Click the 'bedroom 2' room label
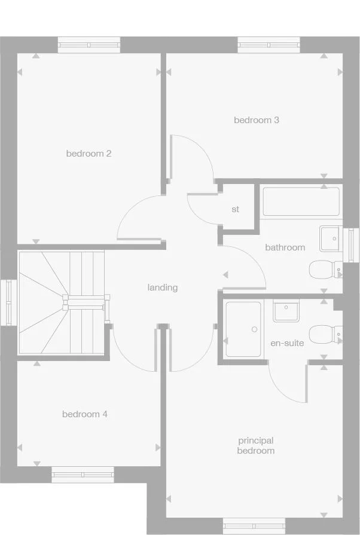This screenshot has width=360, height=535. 89,154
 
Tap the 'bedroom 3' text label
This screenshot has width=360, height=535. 256,120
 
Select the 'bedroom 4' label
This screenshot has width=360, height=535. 85,414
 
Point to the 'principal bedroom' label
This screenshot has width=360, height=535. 255,446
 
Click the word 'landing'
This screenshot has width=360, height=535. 163,288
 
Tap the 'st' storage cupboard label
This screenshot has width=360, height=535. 236,210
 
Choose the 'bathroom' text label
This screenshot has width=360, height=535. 285,247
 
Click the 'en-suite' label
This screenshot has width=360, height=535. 287,343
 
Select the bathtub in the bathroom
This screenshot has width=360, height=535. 301,201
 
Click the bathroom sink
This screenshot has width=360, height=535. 330,238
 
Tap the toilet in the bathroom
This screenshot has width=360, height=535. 323,269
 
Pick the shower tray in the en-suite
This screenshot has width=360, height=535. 243,329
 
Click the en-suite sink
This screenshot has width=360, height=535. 286,311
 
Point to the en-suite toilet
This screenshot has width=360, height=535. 324,334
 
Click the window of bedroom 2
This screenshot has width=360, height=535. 89,45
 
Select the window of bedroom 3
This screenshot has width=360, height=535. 269,45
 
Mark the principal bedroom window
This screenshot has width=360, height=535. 250,526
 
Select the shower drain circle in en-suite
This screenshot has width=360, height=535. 254,329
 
